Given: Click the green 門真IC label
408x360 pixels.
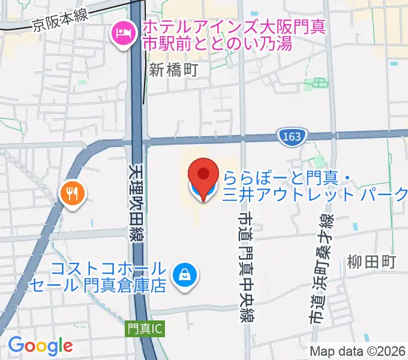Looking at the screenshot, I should [x=145, y=329].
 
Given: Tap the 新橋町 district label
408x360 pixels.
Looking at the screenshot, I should [x=173, y=70].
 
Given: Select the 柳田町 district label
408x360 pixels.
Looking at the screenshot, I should [x=372, y=262].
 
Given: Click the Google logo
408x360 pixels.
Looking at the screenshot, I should [x=40, y=346].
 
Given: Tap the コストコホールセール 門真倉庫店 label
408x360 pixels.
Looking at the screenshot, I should [x=108, y=277].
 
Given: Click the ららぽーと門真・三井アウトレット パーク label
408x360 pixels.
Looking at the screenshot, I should [x=316, y=185].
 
